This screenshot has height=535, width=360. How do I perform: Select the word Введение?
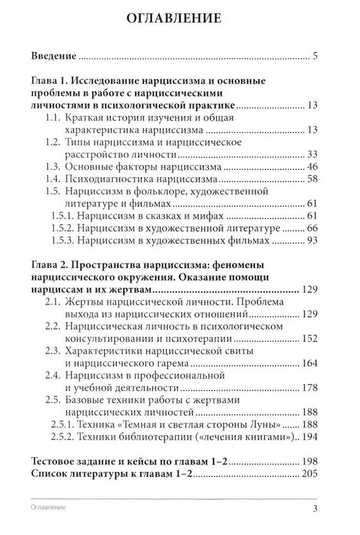tap(54, 56)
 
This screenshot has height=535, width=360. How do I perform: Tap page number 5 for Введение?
tap(315, 56)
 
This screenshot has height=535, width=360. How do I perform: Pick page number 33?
tap(312, 154)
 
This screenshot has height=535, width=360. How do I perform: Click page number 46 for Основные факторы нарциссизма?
tap(312, 166)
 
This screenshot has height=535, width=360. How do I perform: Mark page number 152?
tap(309, 337)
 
